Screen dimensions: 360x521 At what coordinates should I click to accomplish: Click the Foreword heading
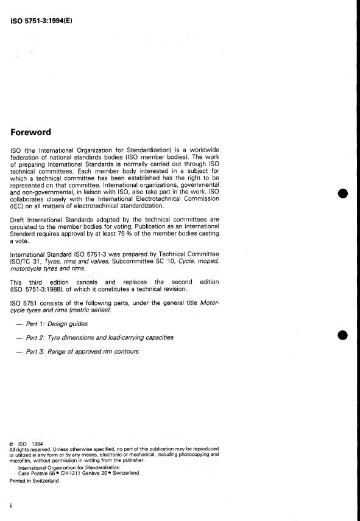point(30,132)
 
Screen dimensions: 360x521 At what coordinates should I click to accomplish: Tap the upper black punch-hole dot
point(343,194)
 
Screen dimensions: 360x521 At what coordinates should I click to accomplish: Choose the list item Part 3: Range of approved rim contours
point(82,351)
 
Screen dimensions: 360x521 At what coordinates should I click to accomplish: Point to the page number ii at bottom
point(12,505)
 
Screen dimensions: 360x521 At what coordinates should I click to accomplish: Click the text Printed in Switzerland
point(34,480)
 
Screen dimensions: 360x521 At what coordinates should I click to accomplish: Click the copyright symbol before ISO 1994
point(13,444)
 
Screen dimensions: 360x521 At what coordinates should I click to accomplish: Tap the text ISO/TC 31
point(26,261)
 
